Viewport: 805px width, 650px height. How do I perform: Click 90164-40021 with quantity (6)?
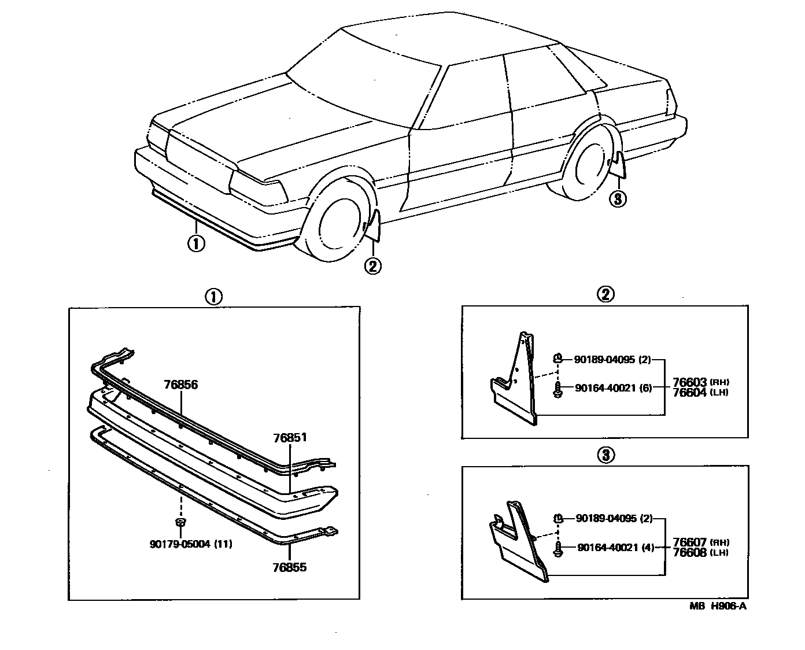point(612,388)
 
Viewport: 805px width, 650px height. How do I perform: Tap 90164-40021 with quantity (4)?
point(615,548)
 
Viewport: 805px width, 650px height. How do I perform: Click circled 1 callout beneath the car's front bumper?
point(196,243)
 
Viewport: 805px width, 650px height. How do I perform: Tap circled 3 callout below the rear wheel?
point(618,200)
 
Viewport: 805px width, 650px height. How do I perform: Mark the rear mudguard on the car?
point(619,164)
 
